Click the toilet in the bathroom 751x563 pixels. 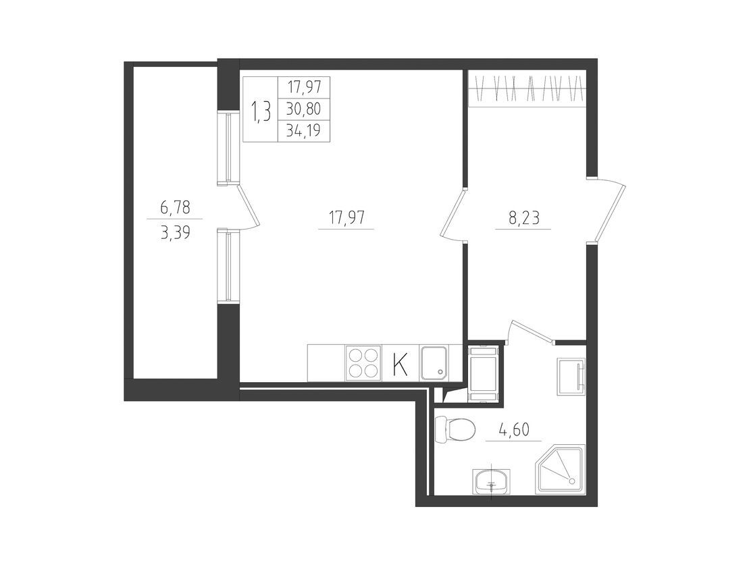[x=455, y=429]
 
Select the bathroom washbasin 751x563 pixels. [x=492, y=481]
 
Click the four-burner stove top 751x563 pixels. [x=363, y=363]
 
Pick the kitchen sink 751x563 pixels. [x=434, y=363]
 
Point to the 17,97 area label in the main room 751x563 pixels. [x=346, y=218]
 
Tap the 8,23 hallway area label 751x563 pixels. [x=523, y=218]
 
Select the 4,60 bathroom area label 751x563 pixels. [x=514, y=430]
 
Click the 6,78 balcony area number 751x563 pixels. [x=175, y=207]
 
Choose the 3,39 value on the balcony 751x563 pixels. [x=175, y=233]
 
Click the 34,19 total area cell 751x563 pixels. [x=304, y=130]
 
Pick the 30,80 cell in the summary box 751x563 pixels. [x=304, y=109]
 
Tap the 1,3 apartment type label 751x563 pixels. [x=261, y=112]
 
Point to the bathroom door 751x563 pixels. [x=531, y=330]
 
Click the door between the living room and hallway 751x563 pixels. [x=452, y=214]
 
